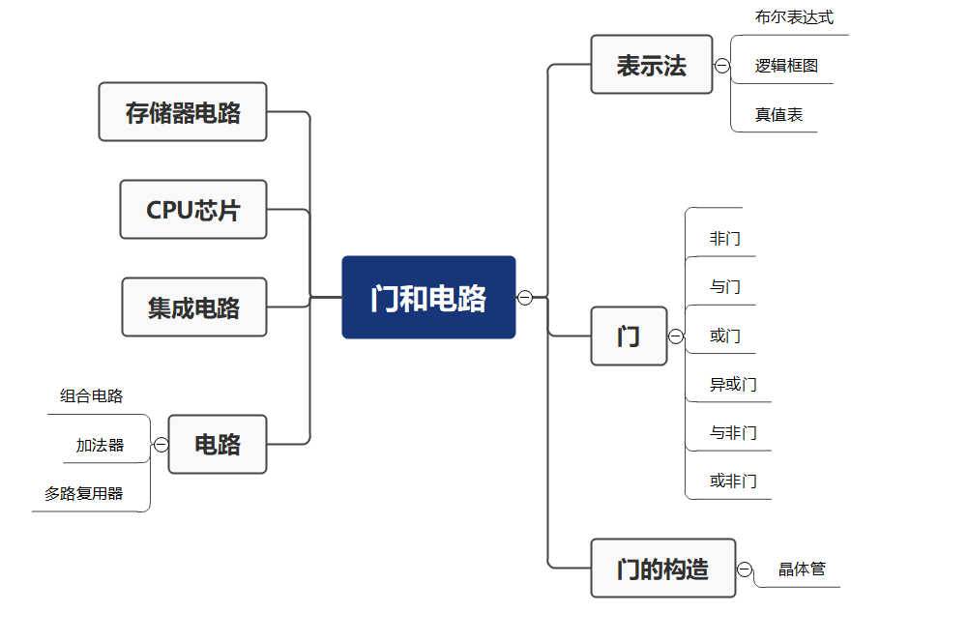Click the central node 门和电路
click(428, 298)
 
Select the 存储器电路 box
click(183, 112)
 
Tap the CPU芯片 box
click(193, 210)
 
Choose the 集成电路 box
click(193, 307)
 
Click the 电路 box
click(218, 445)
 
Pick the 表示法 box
click(651, 65)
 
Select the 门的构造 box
click(662, 569)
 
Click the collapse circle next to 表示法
click(722, 66)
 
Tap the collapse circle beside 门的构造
click(745, 569)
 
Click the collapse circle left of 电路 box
click(161, 445)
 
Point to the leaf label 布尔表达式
click(794, 17)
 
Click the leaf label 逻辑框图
click(786, 66)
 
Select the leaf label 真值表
click(778, 114)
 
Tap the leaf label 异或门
click(733, 384)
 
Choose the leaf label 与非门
click(733, 432)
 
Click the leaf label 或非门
click(733, 481)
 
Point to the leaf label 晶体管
click(803, 569)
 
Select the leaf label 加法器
click(100, 445)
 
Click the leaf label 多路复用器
click(84, 493)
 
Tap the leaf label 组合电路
click(92, 395)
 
